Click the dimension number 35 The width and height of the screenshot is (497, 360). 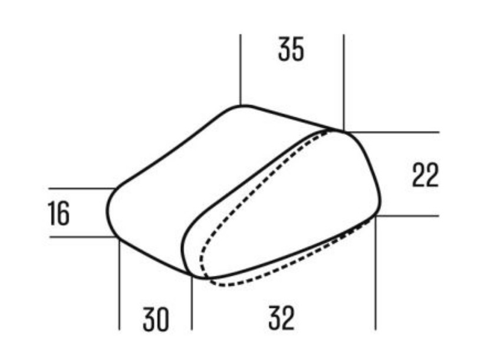tap(291, 50)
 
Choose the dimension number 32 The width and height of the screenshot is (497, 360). tap(281, 319)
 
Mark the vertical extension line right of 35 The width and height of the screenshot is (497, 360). tap(343, 77)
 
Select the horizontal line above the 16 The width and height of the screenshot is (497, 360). tap(80, 189)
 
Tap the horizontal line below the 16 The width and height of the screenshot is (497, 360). tap(80, 237)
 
